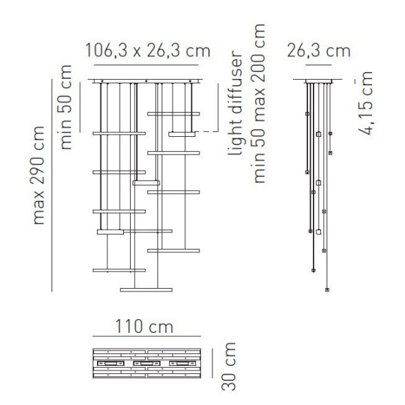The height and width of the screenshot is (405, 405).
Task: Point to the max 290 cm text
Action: click(40, 175)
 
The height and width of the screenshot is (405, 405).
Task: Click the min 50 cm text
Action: click(66, 106)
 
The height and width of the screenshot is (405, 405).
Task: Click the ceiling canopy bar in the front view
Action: click(146, 81)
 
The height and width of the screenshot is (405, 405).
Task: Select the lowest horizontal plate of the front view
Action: click(146, 289)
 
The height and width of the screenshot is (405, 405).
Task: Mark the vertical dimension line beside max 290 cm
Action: click(52, 186)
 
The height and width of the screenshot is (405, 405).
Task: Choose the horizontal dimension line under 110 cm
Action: click(146, 338)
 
